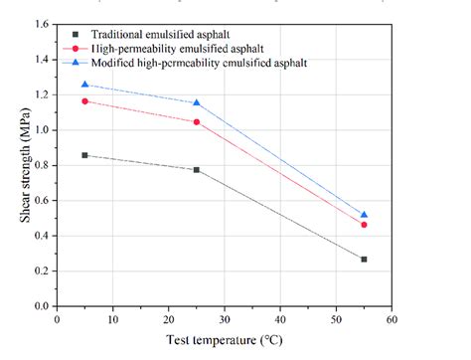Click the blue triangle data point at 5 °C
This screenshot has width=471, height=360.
tap(84, 85)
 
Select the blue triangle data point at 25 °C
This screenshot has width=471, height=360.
tap(197, 102)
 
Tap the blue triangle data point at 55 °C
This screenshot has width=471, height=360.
tap(364, 214)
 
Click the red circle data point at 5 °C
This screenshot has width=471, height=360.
tap(84, 101)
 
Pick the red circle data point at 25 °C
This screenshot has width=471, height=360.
tap(197, 122)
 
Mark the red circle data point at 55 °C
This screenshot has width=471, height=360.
tap(364, 225)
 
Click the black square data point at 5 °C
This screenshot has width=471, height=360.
tap(84, 155)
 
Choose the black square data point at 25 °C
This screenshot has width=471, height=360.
tap(197, 170)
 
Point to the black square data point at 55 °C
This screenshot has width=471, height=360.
tap(364, 260)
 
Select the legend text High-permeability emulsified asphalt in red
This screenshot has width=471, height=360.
tap(180, 47)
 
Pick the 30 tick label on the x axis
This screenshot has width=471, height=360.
tap(225, 319)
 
